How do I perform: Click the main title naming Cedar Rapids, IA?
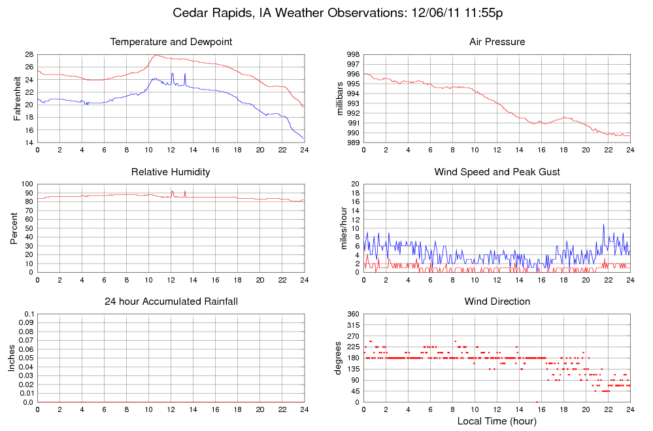pos(337,12)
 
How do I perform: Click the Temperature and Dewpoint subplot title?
pos(171,42)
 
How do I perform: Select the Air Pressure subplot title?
pos(497,42)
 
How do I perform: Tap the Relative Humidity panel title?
pos(171,172)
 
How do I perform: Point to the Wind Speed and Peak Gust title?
pos(497,172)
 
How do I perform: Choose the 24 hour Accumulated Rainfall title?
pos(171,302)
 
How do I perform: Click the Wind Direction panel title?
pos(497,302)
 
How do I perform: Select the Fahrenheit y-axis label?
pos(17,98)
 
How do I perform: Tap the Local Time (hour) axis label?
pos(497,421)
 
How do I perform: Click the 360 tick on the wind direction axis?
pos(351,315)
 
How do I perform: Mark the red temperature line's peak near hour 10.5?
pos(155,55)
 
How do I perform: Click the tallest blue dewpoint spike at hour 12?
pos(172,74)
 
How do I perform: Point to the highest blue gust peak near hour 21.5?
pos(603,224)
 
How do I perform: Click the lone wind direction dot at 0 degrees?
pos(537,402)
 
